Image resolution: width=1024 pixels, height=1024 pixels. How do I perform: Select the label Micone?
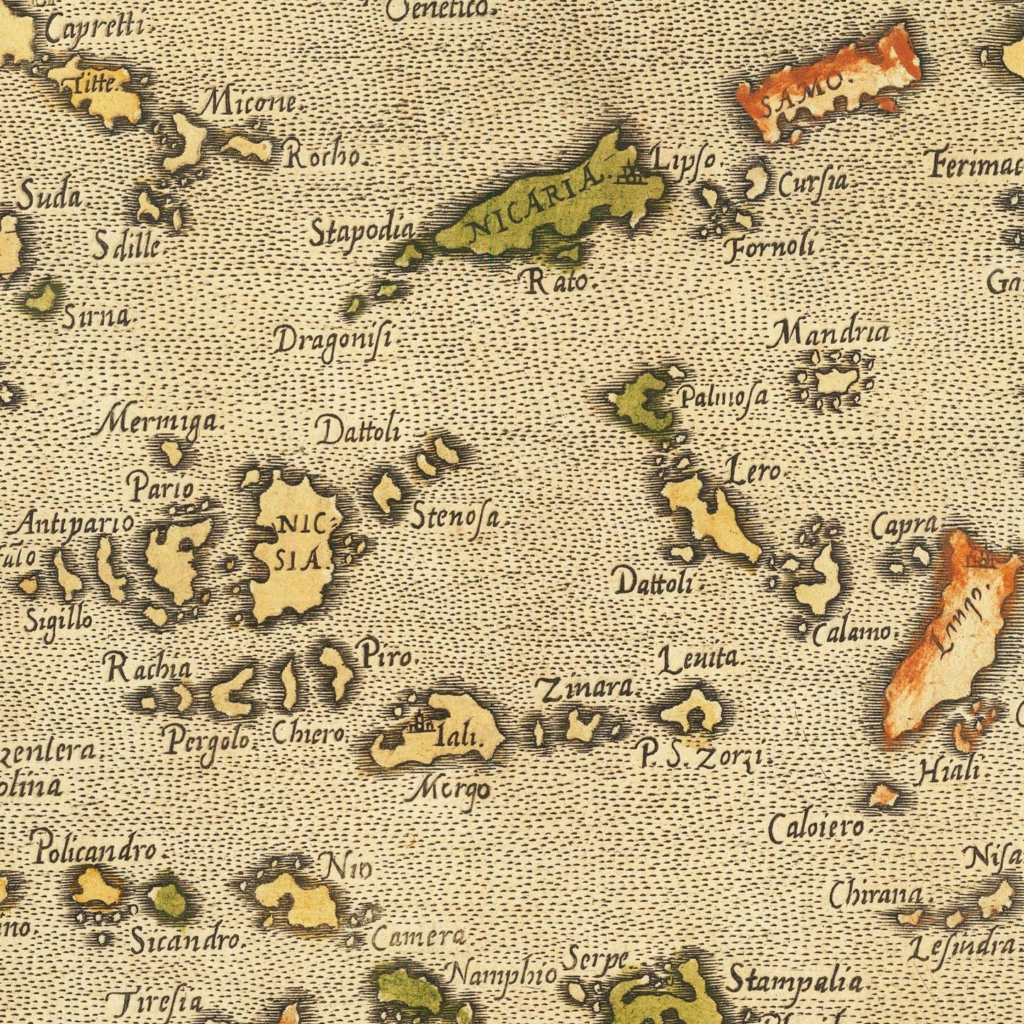pyautogui.click(x=252, y=104)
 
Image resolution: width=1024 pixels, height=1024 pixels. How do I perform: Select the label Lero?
pyautogui.click(x=752, y=471)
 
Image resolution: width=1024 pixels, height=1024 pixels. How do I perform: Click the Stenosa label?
pyautogui.click(x=459, y=516)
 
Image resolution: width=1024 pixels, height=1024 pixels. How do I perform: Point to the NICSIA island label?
pyautogui.click(x=299, y=543)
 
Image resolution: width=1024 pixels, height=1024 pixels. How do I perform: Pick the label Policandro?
pyautogui.click(x=94, y=848)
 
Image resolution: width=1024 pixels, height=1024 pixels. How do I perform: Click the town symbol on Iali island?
pyautogui.click(x=420, y=724)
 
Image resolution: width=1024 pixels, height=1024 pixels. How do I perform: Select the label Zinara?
pyautogui.click(x=586, y=688)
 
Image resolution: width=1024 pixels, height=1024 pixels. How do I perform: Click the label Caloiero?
pyautogui.click(x=816, y=828)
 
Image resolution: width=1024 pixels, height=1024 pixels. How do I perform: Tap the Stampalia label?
pyautogui.click(x=794, y=982)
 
